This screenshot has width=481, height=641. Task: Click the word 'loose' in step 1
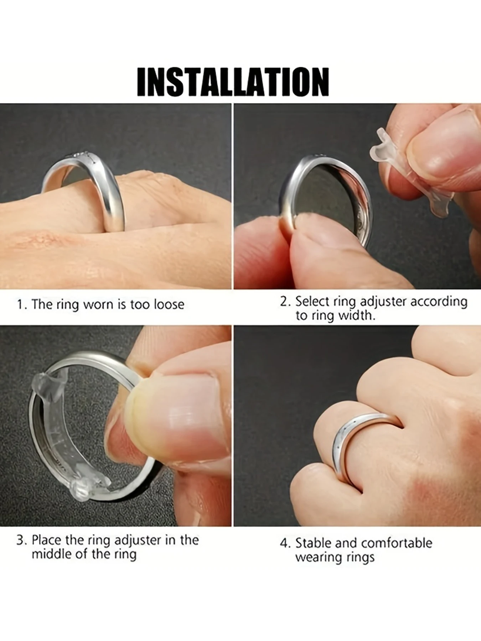169,304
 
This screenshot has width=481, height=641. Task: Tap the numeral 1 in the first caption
20,305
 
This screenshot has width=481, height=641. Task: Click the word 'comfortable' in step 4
396,543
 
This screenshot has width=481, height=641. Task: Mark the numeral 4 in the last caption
284,543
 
